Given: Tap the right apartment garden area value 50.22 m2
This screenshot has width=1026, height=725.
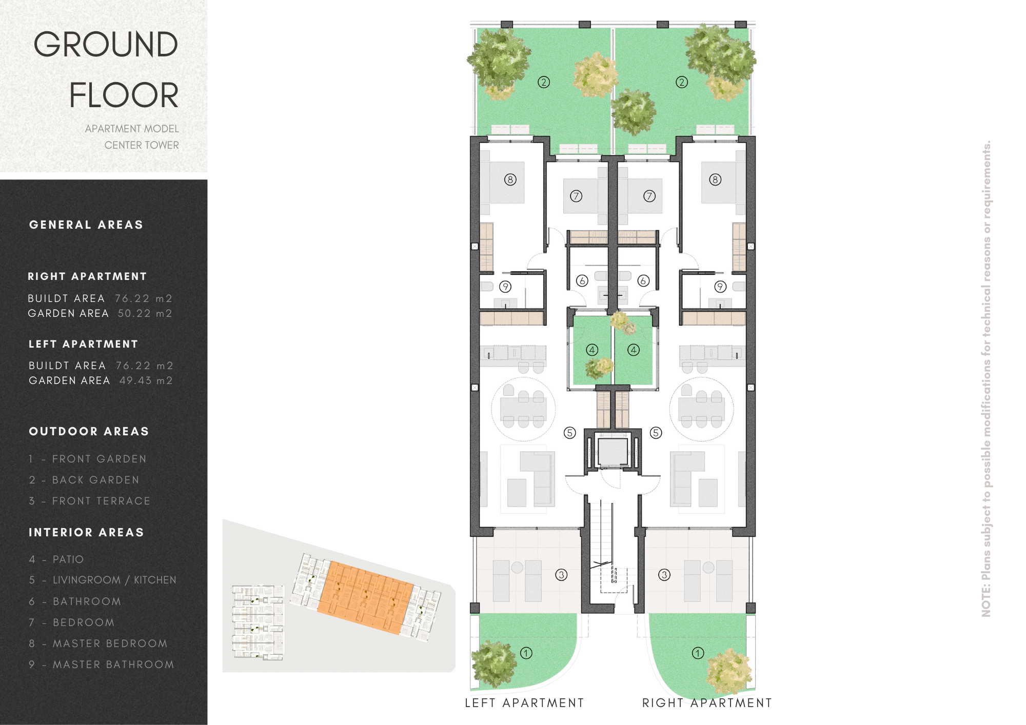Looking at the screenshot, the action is (145, 313).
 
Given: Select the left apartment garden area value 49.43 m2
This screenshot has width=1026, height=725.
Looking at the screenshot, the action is (146, 380).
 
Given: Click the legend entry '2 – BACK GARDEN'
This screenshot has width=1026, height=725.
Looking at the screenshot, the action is (84, 480).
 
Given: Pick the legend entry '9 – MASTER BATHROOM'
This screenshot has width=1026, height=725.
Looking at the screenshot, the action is (102, 664).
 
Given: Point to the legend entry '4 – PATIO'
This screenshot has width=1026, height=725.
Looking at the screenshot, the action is (56, 559).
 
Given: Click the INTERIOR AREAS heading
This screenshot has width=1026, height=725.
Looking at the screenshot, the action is (86, 532).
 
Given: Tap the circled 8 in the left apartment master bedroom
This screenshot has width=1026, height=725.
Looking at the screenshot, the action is (510, 179).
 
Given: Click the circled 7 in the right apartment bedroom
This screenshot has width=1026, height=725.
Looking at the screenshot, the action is (649, 196).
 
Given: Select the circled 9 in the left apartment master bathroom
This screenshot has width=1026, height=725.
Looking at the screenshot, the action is (505, 287).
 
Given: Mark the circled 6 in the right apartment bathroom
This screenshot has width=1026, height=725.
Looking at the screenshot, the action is (643, 280).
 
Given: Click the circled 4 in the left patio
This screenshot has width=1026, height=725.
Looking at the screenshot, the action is (592, 350).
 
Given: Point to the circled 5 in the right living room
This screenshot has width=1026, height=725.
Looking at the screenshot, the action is (656, 433).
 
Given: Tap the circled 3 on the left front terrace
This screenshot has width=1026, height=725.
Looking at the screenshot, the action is (561, 575).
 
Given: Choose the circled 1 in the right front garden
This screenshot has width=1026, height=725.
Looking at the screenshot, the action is (698, 653).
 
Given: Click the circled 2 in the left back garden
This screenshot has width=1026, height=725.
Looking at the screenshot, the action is (544, 82).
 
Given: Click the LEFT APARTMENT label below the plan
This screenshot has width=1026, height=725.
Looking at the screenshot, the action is (524, 703).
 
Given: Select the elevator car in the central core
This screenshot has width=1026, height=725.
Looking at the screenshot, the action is (613, 451).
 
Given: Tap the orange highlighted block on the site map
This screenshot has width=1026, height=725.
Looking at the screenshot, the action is (365, 597).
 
